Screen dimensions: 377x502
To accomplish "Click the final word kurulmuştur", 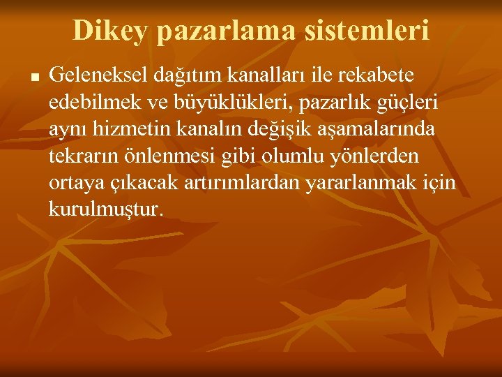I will (105, 209).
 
